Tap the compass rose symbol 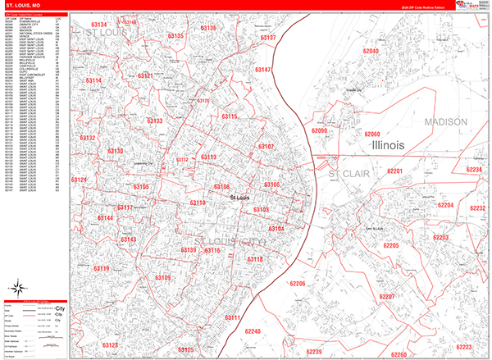17,288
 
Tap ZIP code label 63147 262,71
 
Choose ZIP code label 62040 371,52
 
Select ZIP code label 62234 475,170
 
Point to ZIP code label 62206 298,284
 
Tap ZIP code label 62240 253,331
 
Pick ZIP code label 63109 162,278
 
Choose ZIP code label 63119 102,268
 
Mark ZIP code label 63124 79,180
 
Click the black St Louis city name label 240,198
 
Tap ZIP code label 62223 464,346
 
